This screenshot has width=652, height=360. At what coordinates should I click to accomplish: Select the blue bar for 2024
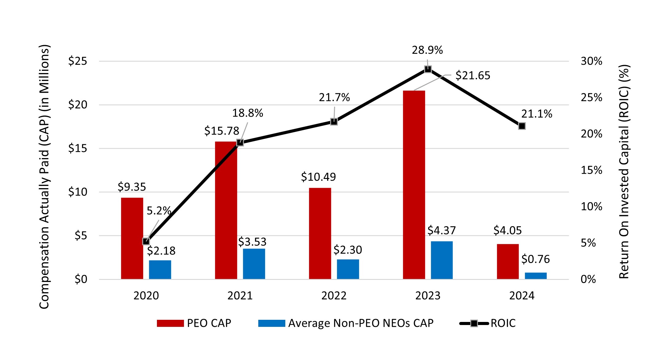point(536,276)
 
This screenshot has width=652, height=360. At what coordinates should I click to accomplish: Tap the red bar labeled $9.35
point(132,238)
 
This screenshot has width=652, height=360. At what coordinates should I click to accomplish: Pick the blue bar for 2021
point(254,264)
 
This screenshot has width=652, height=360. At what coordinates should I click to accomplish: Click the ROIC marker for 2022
point(334,122)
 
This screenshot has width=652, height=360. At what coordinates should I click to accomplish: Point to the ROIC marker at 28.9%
point(428,69)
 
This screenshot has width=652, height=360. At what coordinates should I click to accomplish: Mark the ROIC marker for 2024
point(522,126)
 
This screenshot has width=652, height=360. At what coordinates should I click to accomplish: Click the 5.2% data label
point(158,211)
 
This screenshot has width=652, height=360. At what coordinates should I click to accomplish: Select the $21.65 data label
point(473,75)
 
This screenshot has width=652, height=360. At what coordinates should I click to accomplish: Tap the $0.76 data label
point(535,259)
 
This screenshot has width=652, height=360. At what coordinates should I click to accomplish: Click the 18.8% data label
point(248,113)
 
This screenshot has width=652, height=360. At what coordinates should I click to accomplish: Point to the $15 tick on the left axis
point(77,149)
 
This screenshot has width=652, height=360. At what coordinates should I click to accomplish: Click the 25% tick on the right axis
point(591,98)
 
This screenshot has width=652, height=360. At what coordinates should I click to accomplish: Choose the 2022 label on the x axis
point(334,296)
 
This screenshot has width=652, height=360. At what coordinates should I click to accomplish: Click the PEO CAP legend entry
point(194,323)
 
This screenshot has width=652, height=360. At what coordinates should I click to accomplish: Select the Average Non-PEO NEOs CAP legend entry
point(346,323)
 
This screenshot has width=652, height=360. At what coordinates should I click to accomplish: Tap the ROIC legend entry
point(488,323)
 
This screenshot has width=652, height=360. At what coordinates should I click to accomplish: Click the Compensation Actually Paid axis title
point(44,177)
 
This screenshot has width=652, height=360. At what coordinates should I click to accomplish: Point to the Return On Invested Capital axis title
point(624,172)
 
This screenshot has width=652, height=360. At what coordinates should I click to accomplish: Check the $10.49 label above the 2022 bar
point(318,177)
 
